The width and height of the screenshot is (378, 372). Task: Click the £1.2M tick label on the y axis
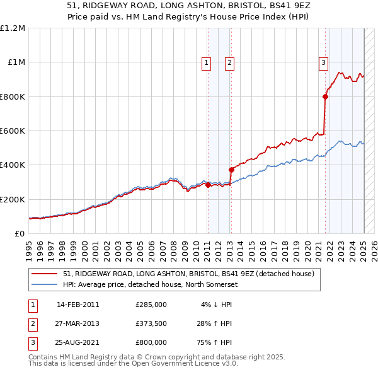tap(13, 28)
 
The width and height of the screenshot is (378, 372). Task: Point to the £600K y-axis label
tap(13, 131)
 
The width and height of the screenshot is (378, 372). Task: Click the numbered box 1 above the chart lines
tap(207, 62)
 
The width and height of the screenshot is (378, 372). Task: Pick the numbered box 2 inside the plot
tap(229, 62)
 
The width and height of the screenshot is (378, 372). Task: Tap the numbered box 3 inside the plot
tap(323, 62)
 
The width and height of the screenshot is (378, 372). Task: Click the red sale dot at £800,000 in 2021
tap(326, 96)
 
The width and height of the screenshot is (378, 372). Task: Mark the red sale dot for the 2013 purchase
tap(231, 170)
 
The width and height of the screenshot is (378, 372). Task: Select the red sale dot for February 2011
tap(208, 185)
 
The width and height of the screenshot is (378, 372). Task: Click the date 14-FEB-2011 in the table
tap(78, 305)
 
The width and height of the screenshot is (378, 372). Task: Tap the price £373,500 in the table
tap(151, 323)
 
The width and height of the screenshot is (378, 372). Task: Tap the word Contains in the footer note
tap(45, 357)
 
